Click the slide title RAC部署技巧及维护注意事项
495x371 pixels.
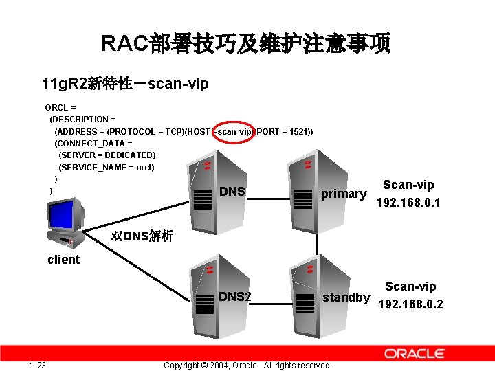(x=246, y=44)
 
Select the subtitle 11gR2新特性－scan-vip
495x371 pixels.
(x=124, y=84)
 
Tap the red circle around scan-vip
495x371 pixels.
(x=234, y=131)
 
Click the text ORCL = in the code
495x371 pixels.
(x=60, y=107)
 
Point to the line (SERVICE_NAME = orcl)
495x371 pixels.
(x=107, y=167)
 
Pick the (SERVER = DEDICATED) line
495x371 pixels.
(x=107, y=155)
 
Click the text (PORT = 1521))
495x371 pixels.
(x=284, y=131)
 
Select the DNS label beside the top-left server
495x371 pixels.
(x=232, y=191)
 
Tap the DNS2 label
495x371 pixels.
(x=235, y=297)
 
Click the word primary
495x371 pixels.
(x=344, y=193)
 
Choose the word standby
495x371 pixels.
(x=346, y=297)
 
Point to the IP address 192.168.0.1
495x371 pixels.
(x=408, y=203)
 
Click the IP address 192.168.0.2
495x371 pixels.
(x=410, y=304)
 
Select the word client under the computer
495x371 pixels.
(x=63, y=260)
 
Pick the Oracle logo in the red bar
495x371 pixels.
(x=414, y=353)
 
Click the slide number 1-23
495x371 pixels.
(x=38, y=365)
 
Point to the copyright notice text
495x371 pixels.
(x=247, y=365)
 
